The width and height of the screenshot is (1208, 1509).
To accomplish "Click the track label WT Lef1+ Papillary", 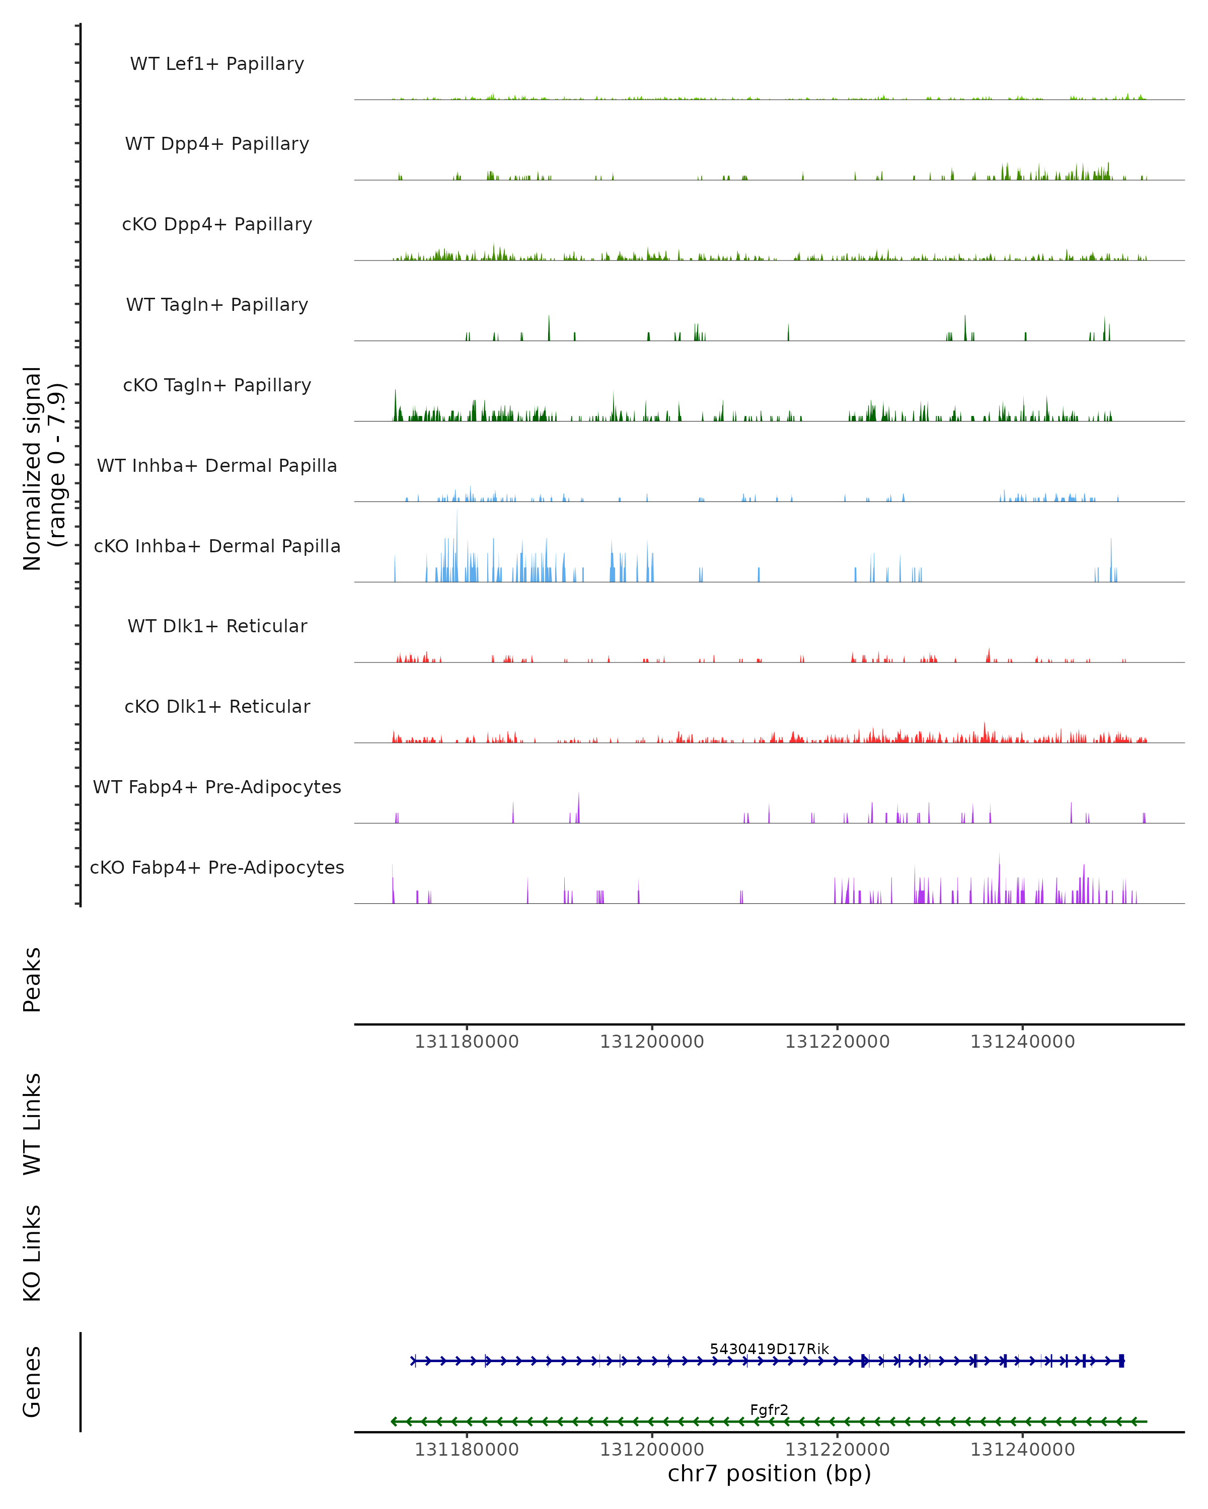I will point(217,64).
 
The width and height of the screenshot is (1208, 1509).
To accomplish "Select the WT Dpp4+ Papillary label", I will point(217,144).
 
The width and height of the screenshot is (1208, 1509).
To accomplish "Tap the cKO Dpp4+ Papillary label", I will point(217,225).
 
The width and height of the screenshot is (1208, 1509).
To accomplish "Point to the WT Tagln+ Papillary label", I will point(217,305).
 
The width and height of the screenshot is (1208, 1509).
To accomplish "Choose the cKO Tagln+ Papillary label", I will point(217,386).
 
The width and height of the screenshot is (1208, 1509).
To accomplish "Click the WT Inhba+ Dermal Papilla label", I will point(217,466).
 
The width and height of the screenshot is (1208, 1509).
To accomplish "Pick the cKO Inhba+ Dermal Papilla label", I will point(217,547).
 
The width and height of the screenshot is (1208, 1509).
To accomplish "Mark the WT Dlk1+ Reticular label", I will point(217,626).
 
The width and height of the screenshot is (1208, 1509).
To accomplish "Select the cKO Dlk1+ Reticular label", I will point(217,707).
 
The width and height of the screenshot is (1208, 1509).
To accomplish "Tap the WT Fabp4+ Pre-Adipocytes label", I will point(217,787).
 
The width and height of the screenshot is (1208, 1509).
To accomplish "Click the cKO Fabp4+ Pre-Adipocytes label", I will point(217,868).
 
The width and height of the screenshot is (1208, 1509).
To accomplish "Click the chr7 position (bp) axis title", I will point(769,1474).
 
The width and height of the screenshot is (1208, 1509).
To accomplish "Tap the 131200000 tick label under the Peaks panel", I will point(651,1042).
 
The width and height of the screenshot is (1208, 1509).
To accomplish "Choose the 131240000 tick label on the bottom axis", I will point(1022,1450).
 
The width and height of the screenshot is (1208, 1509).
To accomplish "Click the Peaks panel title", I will point(32,980).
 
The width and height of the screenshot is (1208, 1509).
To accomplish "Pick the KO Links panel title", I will point(32,1253).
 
